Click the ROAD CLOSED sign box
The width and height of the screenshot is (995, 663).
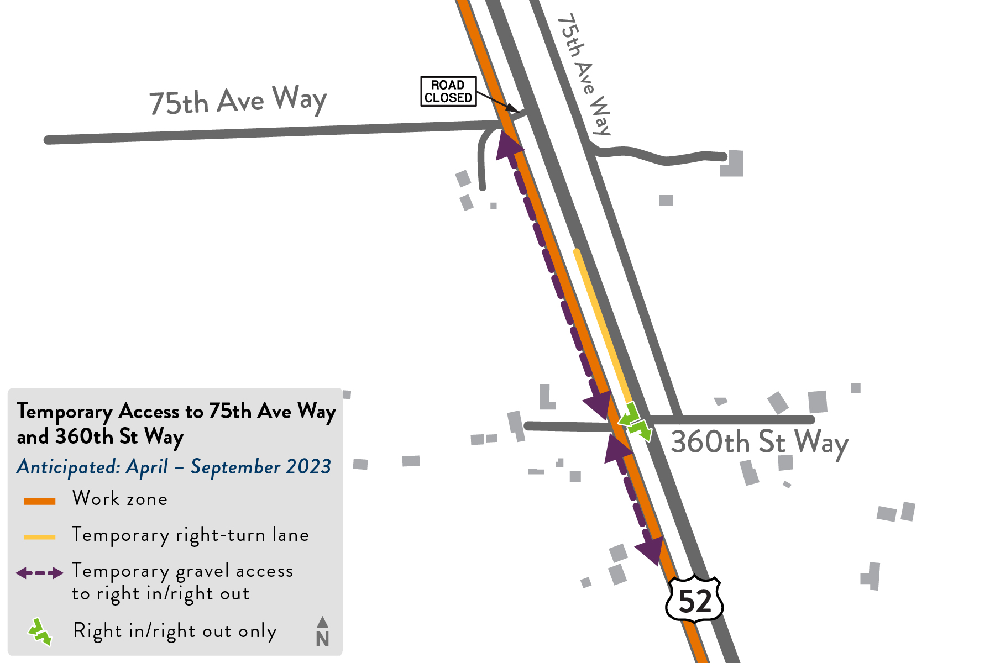[448, 91]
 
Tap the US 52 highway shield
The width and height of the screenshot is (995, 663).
[694, 600]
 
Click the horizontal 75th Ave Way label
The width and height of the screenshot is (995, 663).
[238, 101]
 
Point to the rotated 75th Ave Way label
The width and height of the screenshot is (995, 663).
[585, 75]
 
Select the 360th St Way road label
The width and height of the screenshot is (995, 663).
[760, 443]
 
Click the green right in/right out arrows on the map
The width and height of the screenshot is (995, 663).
[635, 423]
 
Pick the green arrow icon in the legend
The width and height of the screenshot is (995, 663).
[40, 632]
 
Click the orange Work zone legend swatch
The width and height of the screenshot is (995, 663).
[39, 501]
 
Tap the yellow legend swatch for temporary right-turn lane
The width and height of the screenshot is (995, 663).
[39, 536]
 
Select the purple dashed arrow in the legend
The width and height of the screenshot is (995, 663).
[39, 573]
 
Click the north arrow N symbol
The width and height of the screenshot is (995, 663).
[322, 632]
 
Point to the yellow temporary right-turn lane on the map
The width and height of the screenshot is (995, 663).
[603, 326]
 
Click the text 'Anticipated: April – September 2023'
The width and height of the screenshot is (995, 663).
[174, 467]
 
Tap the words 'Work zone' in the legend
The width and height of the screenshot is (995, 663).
[120, 499]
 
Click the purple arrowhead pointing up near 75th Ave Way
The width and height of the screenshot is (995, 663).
[507, 146]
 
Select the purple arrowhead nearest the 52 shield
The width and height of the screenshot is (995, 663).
[651, 549]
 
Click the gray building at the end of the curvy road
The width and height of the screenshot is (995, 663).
[732, 164]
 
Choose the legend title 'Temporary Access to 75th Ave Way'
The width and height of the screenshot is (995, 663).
[176, 412]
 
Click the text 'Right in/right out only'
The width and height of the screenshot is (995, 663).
[175, 631]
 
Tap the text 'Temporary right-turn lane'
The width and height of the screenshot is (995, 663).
[190, 535]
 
